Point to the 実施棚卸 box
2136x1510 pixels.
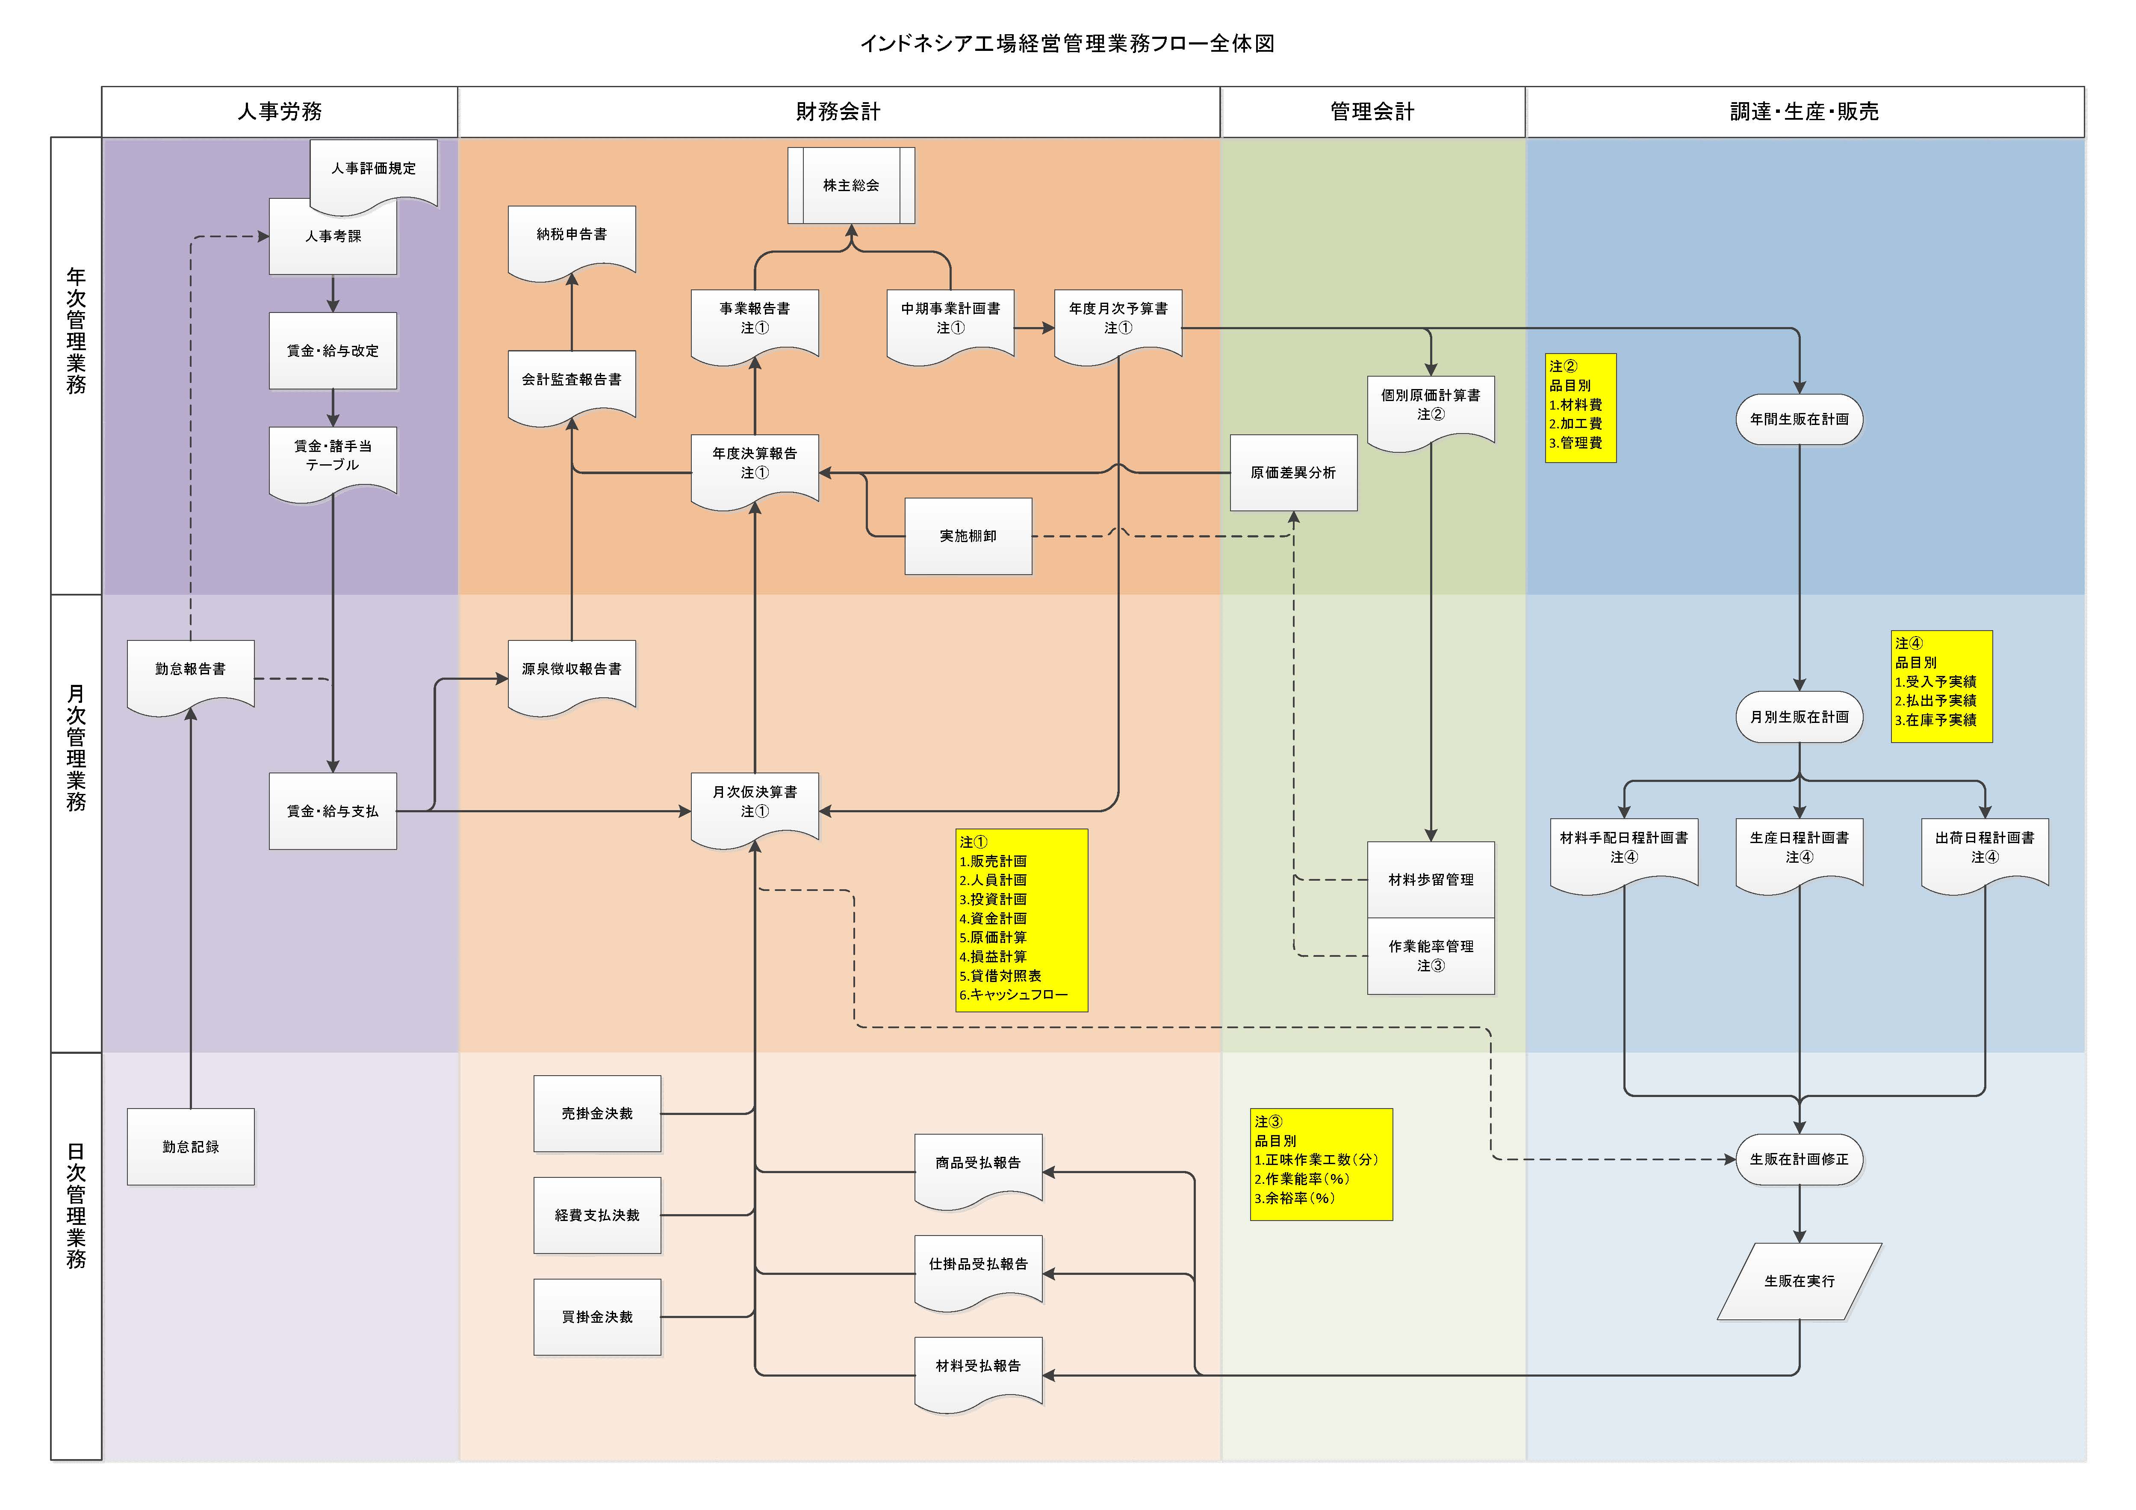click(968, 536)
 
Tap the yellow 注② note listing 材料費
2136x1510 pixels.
click(1580, 407)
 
